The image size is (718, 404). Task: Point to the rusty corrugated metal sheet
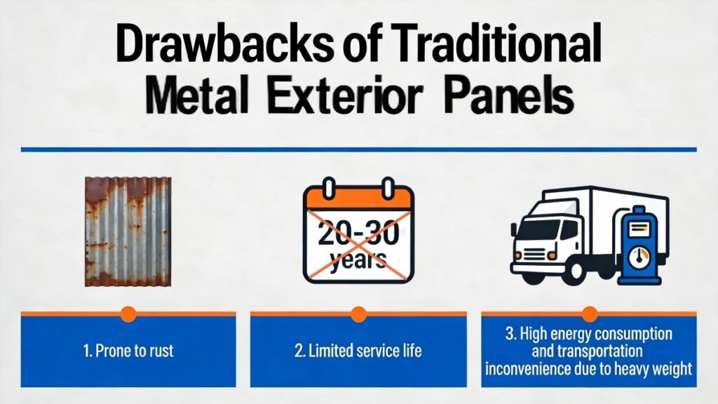click(x=128, y=231)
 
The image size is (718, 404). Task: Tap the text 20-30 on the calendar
click(x=358, y=232)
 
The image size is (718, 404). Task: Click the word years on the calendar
click(x=358, y=261)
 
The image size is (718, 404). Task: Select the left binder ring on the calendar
click(x=329, y=187)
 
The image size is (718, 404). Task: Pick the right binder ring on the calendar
click(x=388, y=187)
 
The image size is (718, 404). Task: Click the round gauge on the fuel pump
click(x=638, y=257)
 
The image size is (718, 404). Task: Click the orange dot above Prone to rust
click(x=128, y=315)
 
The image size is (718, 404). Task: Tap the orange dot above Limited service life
click(x=358, y=315)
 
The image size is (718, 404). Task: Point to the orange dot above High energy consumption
click(x=589, y=315)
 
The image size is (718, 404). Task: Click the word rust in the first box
click(x=161, y=351)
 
